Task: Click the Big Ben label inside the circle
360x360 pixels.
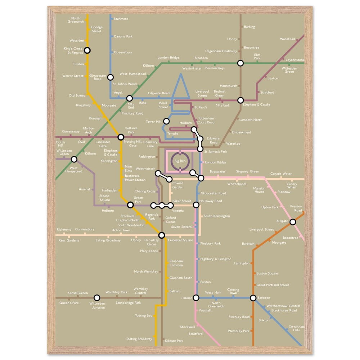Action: click(180, 161)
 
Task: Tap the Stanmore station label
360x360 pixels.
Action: click(121, 19)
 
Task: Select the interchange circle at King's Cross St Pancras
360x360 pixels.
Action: click(87, 50)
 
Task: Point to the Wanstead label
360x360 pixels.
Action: click(288, 39)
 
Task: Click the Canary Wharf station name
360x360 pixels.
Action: click(292, 186)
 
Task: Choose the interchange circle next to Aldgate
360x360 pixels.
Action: click(293, 222)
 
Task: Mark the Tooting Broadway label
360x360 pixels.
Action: click(139, 339)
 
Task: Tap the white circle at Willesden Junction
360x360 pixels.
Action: click(96, 298)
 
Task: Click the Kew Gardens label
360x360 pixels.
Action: click(69, 240)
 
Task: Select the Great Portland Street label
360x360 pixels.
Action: click(273, 285)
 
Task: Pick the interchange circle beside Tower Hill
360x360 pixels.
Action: click(166, 121)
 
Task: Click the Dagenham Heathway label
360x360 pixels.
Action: click(221, 51)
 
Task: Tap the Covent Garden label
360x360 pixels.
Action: click(178, 185)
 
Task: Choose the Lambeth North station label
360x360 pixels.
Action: click(251, 120)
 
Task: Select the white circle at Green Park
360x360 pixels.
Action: click(130, 205)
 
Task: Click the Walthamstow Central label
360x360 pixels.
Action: click(283, 306)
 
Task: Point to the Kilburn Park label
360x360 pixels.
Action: click(174, 341)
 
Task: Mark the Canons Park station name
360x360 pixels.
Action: click(123, 36)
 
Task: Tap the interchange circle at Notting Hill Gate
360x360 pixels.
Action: click(121, 137)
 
